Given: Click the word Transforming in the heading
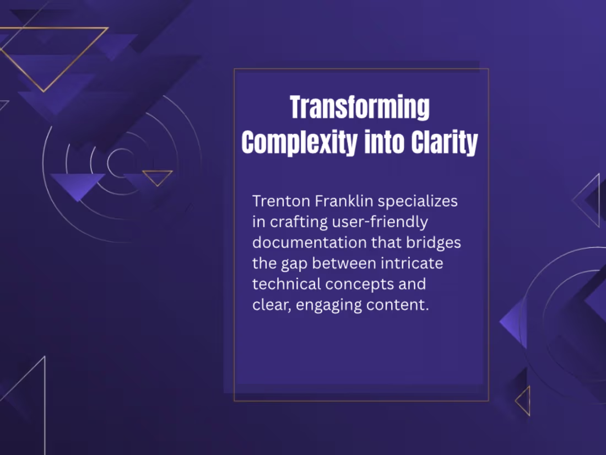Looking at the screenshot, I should pos(360,108).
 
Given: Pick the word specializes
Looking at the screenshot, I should pos(418,201).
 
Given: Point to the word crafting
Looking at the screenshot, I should pos(297,222).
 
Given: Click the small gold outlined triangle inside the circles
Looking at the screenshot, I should pos(158,177).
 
